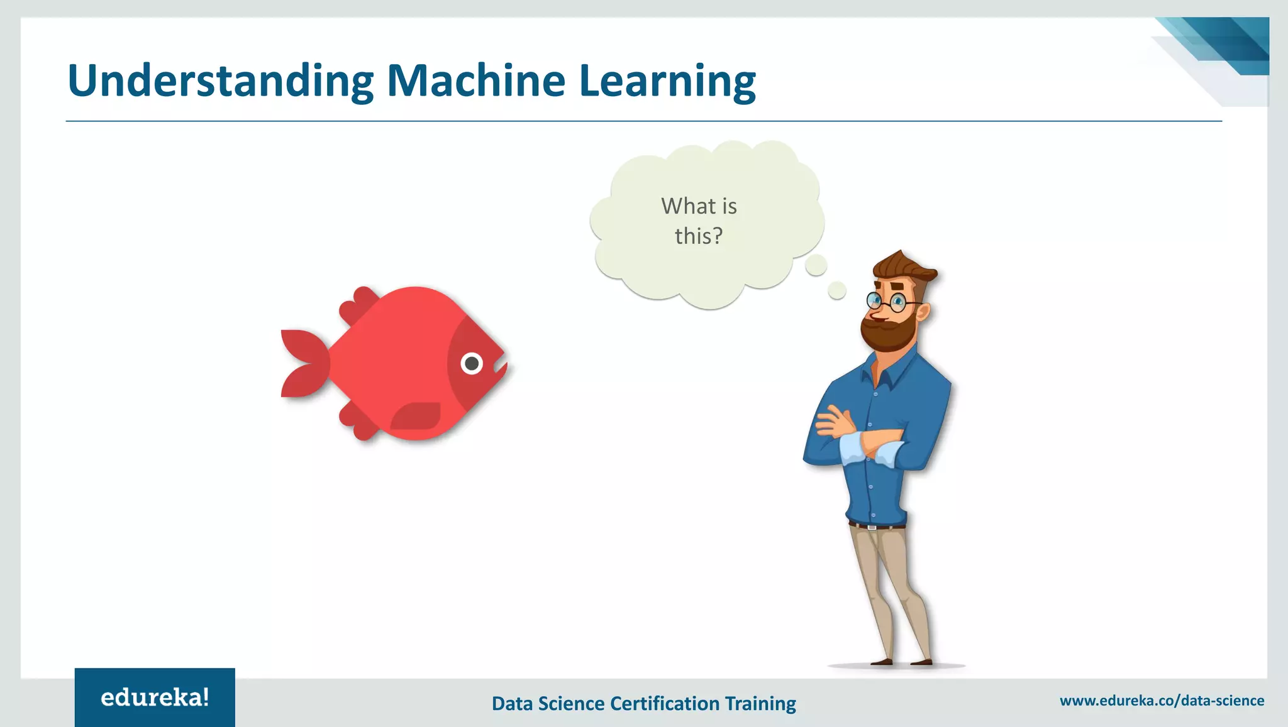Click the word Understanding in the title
(x=220, y=81)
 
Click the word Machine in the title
(x=476, y=81)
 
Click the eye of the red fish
(x=472, y=363)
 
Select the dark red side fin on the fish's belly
(x=416, y=416)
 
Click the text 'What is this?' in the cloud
(x=699, y=221)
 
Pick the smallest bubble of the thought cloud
(x=836, y=290)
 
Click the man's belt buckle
(x=872, y=527)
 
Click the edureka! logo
(x=155, y=697)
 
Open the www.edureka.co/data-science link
(x=1162, y=701)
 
